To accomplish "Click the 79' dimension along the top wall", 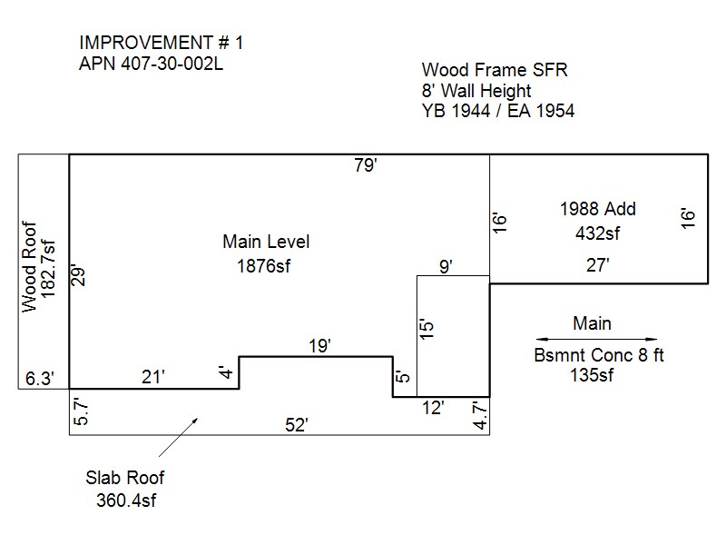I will [x=367, y=165].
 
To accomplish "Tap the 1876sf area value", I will [x=266, y=266].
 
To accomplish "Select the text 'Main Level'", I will [x=266, y=243].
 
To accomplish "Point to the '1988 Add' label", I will [x=597, y=209].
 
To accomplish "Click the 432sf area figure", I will [x=597, y=233].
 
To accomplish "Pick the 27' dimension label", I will [x=596, y=265].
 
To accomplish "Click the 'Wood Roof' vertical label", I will [x=30, y=267].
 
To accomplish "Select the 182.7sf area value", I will [x=48, y=269].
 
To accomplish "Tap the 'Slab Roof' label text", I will [x=125, y=478].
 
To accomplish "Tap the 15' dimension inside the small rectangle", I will [x=429, y=328].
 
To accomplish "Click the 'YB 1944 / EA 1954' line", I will [x=498, y=111].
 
